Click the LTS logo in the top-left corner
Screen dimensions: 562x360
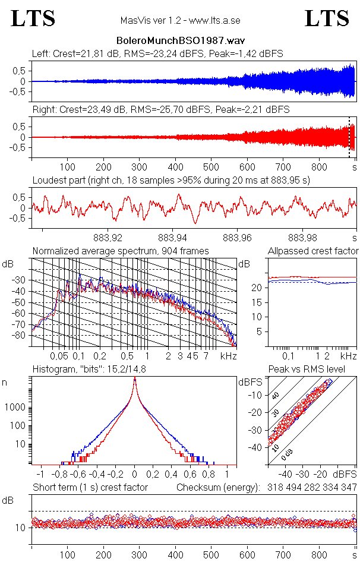coord(33,18)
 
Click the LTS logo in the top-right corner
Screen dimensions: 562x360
coord(327,18)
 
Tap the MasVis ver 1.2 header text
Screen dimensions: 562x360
coord(180,21)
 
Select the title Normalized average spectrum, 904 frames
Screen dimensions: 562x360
coord(121,251)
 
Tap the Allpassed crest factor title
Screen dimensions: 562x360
coord(313,251)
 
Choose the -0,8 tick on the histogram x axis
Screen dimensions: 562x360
coord(59,475)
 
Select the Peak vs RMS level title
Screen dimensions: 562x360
coord(314,370)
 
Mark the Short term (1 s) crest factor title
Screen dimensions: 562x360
coord(90,487)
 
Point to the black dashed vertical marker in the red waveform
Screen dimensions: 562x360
coord(349,137)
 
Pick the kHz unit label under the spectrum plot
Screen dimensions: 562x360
coord(229,356)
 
